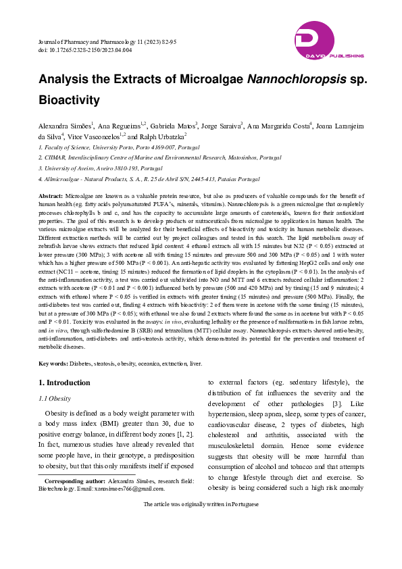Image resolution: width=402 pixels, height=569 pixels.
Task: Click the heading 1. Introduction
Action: click(x=64, y=382)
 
